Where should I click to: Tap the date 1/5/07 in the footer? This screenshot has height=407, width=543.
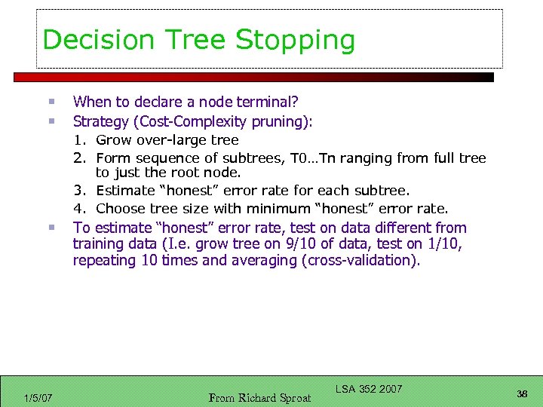(38, 397)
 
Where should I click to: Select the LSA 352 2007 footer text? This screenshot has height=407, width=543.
(368, 389)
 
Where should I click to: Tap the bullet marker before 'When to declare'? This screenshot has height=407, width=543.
(50, 102)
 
